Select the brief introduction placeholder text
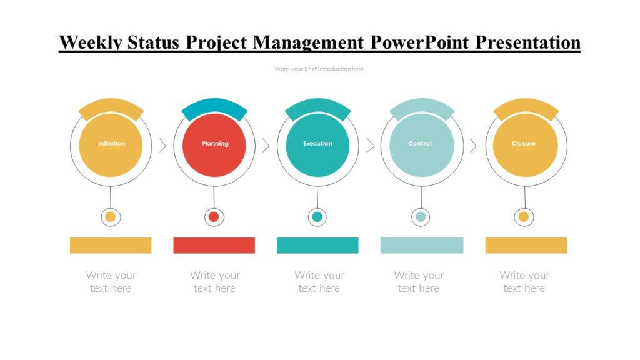pyautogui.click(x=319, y=69)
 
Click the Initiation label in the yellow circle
pyautogui.click(x=111, y=144)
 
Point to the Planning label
pyautogui.click(x=215, y=144)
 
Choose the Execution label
pyautogui.click(x=317, y=144)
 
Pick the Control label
pyautogui.click(x=420, y=144)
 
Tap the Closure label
pyautogui.click(x=524, y=144)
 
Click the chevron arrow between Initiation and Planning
pyautogui.click(x=162, y=146)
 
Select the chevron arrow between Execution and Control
pyautogui.click(x=370, y=146)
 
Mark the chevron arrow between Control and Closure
pyautogui.click(x=473, y=146)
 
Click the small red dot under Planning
pyautogui.click(x=214, y=217)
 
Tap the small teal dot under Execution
pyautogui.click(x=317, y=217)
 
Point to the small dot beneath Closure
pyautogui.click(x=524, y=217)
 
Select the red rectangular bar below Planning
pyautogui.click(x=214, y=245)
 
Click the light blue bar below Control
pyautogui.click(x=421, y=245)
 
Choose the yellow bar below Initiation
pyautogui.click(x=111, y=245)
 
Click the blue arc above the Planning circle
pyautogui.click(x=214, y=107)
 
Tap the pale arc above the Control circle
pyautogui.click(x=422, y=107)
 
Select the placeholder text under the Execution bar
pyautogui.click(x=319, y=282)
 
